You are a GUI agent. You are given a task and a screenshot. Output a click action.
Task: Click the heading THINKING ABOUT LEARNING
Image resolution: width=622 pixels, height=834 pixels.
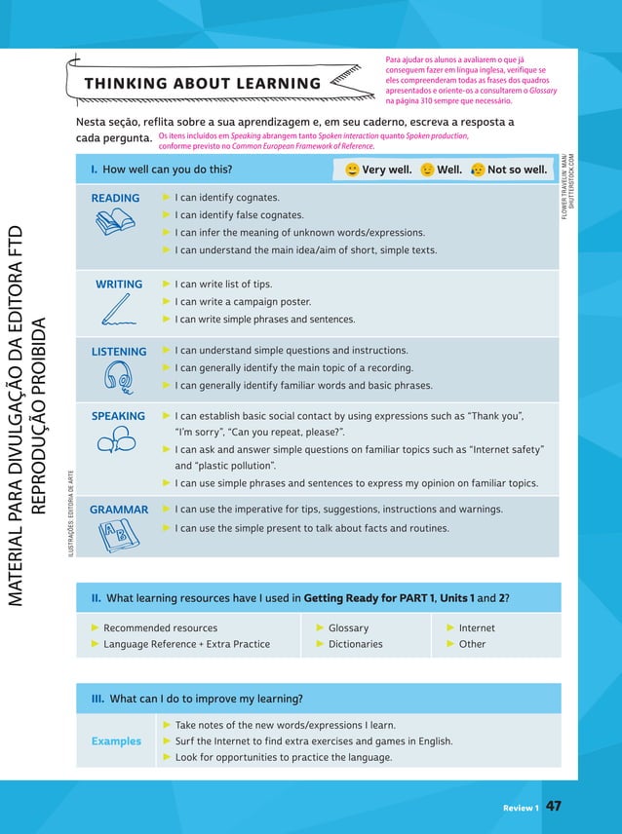pos(202,84)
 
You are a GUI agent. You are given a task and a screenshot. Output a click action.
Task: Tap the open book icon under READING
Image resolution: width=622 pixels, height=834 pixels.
pos(115,223)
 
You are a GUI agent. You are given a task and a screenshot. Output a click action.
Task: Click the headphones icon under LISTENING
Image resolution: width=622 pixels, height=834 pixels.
pos(119,377)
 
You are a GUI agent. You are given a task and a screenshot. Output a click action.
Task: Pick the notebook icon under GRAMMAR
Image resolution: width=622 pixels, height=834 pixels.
pos(114,535)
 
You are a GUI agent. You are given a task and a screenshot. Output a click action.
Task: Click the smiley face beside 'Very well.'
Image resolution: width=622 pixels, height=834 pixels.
pos(352,171)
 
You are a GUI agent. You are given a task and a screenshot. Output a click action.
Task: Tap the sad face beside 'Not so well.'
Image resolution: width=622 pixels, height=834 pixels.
pos(477,171)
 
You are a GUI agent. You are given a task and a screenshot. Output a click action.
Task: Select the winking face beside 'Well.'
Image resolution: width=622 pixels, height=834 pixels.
pos(427,171)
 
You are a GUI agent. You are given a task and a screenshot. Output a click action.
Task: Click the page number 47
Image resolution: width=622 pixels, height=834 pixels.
pos(554,807)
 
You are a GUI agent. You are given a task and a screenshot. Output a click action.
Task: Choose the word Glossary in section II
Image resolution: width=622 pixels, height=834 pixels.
pos(348,628)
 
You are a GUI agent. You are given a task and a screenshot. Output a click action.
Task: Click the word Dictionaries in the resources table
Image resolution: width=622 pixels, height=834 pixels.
pos(355,644)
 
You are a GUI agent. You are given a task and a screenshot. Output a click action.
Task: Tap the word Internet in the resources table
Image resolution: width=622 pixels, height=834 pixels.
pos(477,628)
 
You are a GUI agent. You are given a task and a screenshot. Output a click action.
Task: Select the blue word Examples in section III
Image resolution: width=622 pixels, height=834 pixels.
pos(116,741)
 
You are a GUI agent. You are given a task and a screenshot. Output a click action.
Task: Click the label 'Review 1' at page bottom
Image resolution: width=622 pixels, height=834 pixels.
pos(521,808)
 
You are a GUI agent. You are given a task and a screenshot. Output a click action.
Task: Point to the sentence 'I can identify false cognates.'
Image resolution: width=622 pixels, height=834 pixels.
pos(239,215)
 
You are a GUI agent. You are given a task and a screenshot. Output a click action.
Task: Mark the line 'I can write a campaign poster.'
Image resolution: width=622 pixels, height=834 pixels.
pos(243,302)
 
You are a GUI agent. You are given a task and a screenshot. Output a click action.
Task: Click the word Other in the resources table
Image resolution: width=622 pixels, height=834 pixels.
pos(472,644)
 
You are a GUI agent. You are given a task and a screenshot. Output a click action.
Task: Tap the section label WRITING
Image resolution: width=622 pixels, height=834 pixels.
pos(119,284)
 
